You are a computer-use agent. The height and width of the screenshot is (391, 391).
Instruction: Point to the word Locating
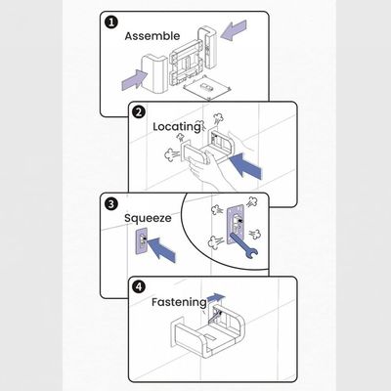pos(176,127)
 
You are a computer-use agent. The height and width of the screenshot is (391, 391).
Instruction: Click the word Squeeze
pos(149,220)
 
